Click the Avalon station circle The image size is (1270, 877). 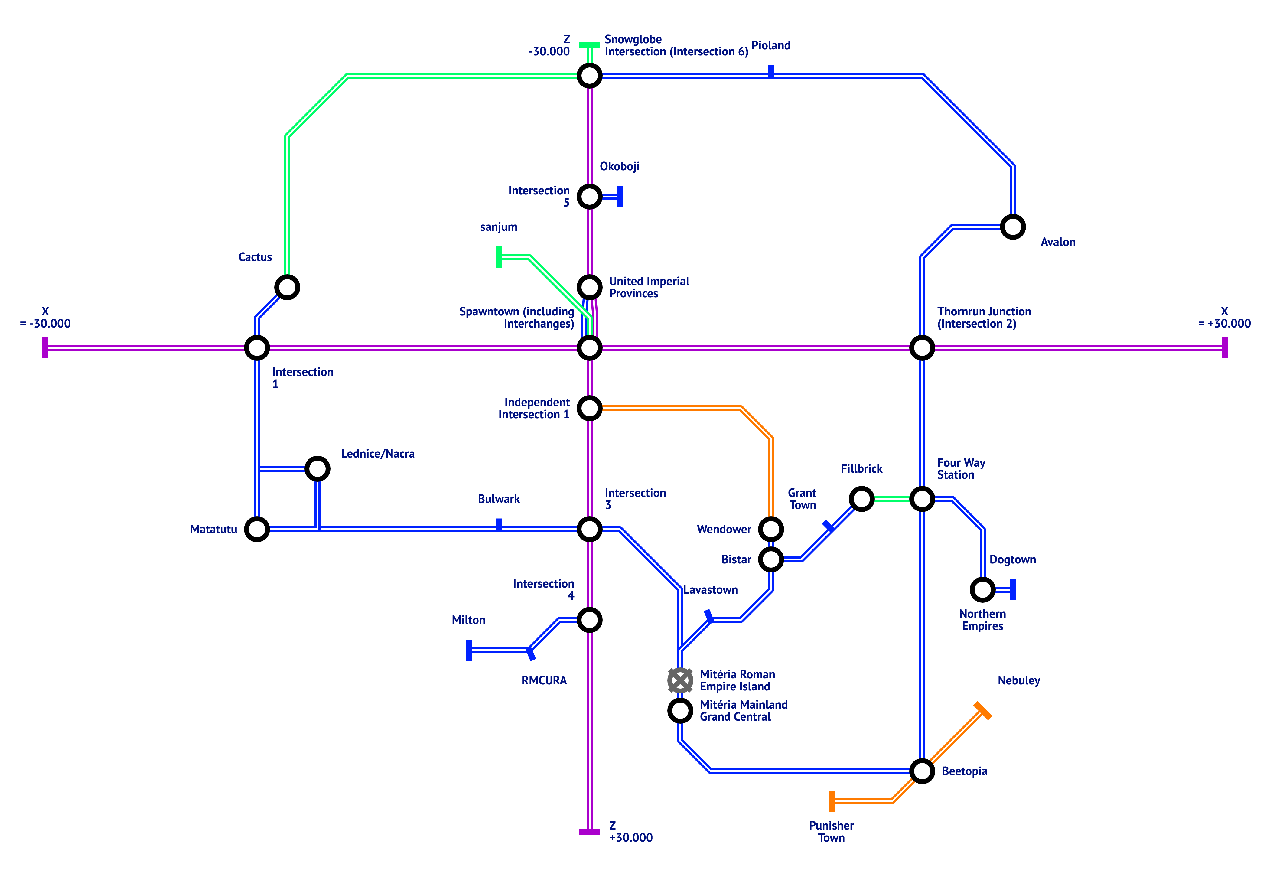1012,227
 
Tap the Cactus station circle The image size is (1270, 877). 287,287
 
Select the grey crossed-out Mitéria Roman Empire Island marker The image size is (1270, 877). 680,680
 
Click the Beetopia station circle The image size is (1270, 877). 922,771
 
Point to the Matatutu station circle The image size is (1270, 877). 256,529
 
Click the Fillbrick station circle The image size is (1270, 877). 861,499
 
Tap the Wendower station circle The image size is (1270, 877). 771,529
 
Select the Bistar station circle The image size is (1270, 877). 771,559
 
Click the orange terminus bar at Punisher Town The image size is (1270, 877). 832,801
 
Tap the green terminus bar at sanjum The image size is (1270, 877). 499,257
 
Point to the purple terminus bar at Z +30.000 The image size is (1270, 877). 589,831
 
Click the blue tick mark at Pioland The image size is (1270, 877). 771,71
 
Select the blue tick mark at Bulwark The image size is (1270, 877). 499,525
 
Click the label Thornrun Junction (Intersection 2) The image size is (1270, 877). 983,318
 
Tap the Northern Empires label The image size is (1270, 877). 982,620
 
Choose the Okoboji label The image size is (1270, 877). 619,167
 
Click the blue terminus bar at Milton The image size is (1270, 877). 469,650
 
